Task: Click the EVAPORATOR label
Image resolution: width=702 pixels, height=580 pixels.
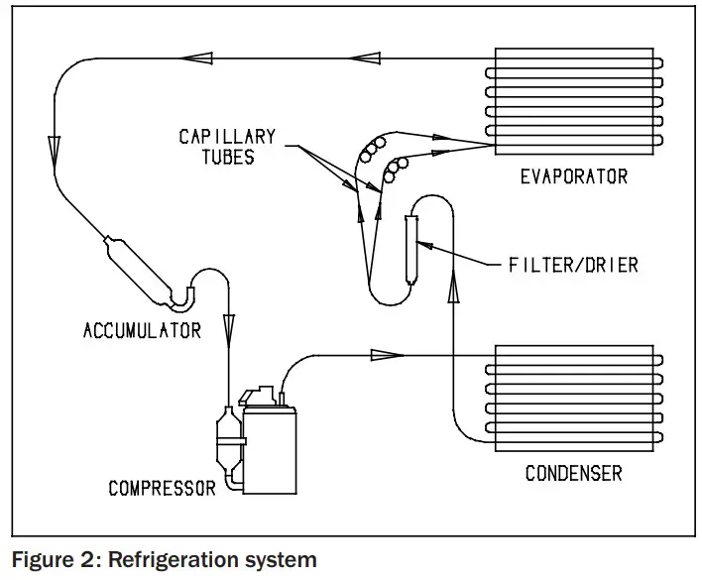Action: tap(574, 176)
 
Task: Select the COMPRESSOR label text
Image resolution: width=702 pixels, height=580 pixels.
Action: tap(162, 488)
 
